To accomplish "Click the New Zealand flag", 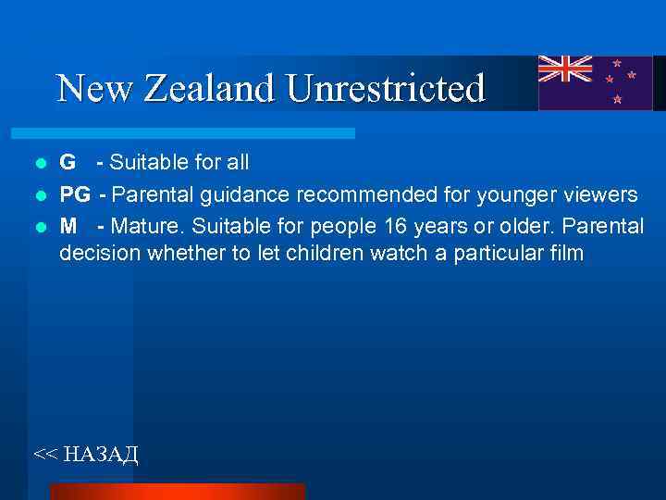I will (x=595, y=82).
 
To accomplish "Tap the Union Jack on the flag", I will (x=566, y=69).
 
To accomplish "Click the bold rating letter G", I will (x=68, y=163).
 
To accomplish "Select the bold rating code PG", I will (x=76, y=194).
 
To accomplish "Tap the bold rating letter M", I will (x=68, y=225).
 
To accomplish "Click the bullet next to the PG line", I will (x=40, y=195).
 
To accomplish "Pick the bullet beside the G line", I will (x=40, y=164).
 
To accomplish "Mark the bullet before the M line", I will (x=40, y=226).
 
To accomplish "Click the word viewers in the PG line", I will (x=599, y=194).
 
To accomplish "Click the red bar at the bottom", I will (x=177, y=491).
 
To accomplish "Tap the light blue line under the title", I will (x=194, y=133).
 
